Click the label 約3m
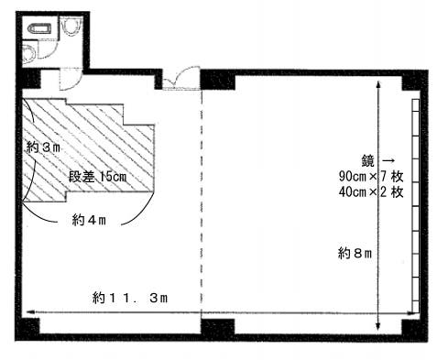[43, 147]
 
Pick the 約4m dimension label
[91, 220]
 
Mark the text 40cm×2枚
[364, 192]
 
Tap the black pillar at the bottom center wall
[218, 327]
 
